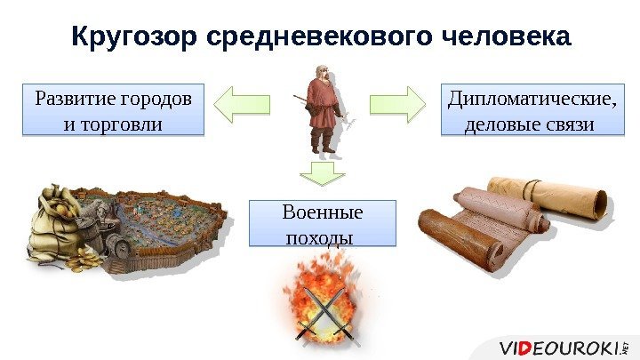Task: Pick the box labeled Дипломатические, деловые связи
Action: [x=532, y=108]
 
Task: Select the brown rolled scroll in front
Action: [x=462, y=240]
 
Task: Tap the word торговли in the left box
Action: [x=115, y=123]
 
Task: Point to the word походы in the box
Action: [x=317, y=238]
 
